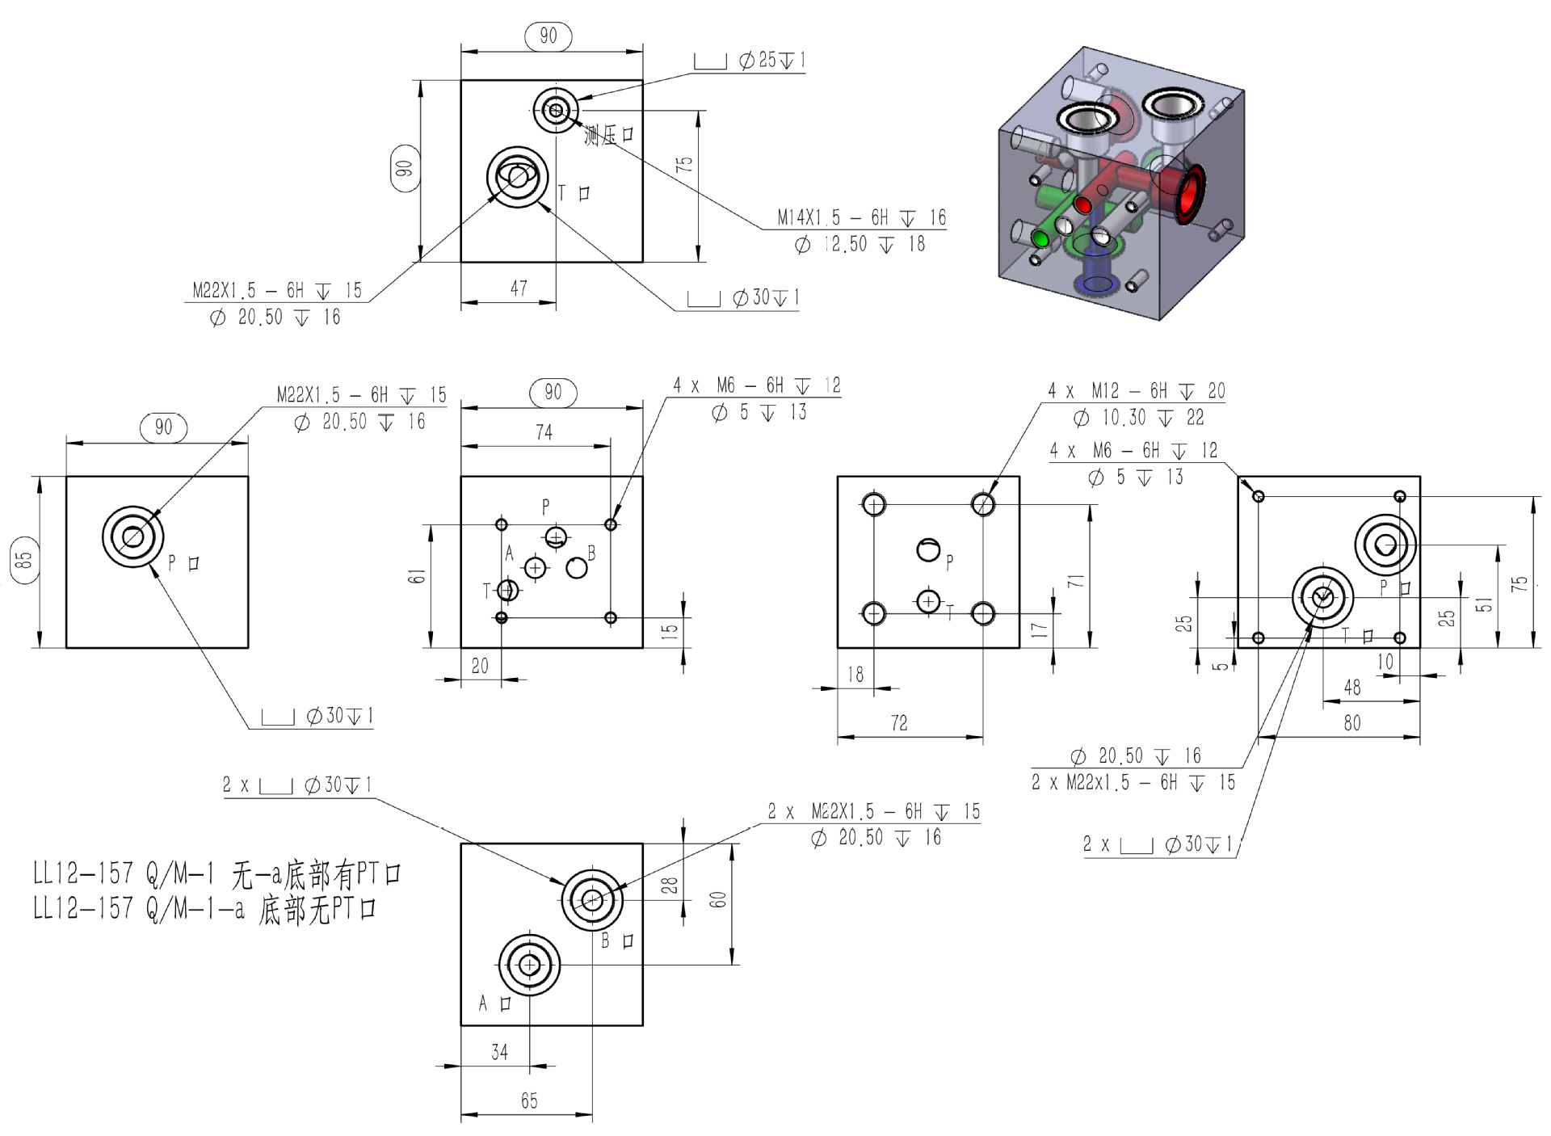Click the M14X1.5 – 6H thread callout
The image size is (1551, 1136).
pos(860,217)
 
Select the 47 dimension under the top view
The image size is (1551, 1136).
pos(519,288)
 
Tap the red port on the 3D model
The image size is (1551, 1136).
pos(1187,195)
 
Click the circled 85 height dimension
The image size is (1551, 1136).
pos(25,557)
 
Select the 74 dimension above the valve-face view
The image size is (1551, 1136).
pos(544,432)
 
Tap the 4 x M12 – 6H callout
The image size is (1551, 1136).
pos(1136,391)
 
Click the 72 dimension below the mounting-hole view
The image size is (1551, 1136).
pos(898,722)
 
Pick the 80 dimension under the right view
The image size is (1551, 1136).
pos(1351,722)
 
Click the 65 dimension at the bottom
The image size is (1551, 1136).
pos(528,1100)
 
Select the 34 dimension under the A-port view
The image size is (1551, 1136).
pos(499,1052)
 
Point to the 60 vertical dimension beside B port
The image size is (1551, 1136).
pos(717,900)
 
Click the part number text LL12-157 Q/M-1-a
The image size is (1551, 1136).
pos(204,910)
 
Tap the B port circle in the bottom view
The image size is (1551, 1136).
pos(592,899)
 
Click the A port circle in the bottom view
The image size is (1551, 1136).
pos(529,965)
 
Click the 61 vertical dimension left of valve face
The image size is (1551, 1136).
pos(415,576)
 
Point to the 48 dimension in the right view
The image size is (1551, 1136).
pos(1351,687)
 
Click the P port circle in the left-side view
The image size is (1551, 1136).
pos(132,536)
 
